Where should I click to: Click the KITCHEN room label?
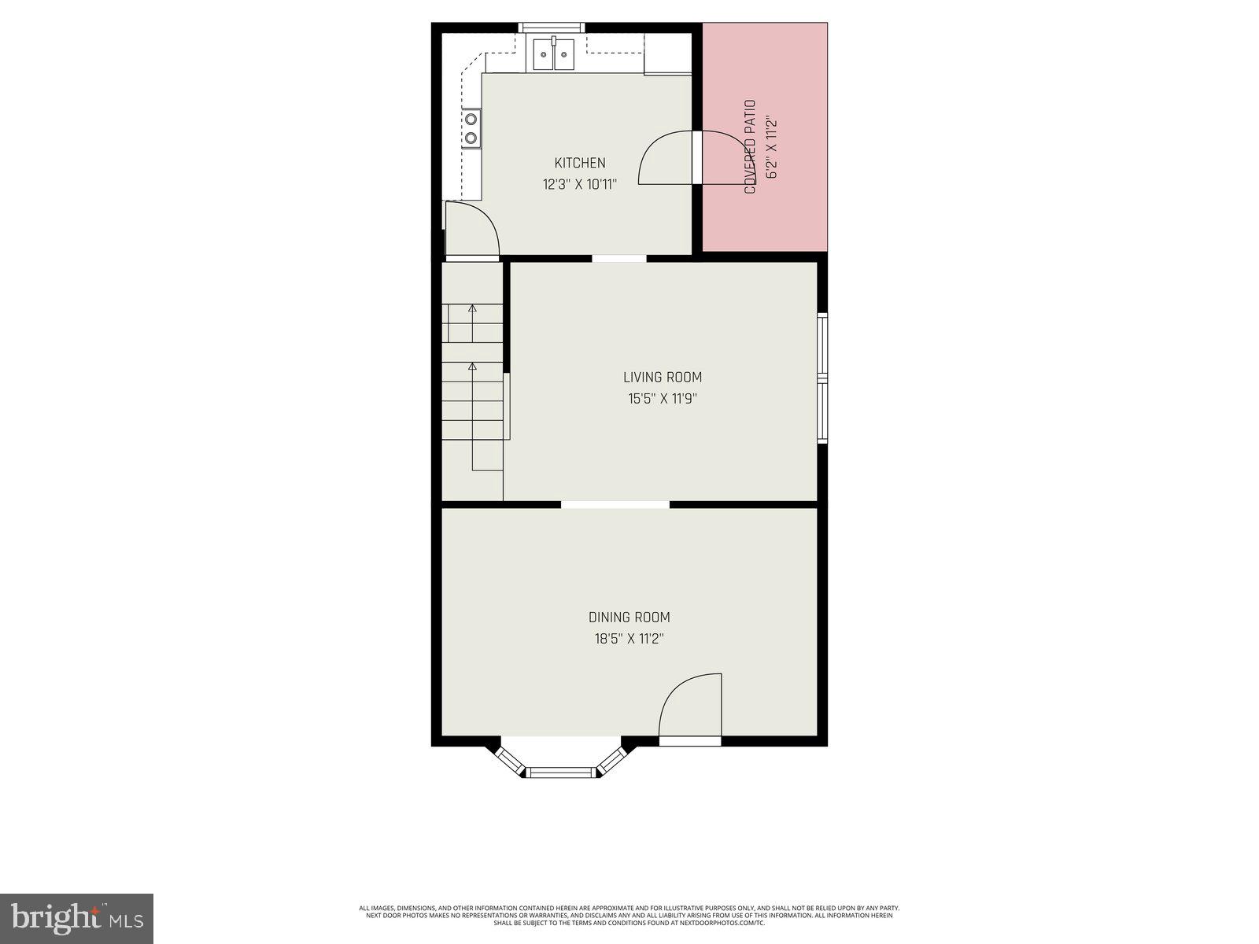[x=580, y=163]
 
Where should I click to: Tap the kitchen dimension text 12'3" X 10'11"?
[x=580, y=185]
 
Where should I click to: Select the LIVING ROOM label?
[x=663, y=378]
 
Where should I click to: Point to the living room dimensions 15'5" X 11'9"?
[x=663, y=399]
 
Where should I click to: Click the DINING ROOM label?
[x=629, y=618]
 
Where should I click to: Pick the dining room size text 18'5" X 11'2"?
[x=629, y=639]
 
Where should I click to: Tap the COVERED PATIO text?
[x=750, y=147]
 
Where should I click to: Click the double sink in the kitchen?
[x=555, y=55]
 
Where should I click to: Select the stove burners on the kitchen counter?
[x=471, y=128]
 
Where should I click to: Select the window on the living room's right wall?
[x=822, y=378]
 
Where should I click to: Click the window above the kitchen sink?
[x=549, y=28]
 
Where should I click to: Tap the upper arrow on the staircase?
[x=472, y=308]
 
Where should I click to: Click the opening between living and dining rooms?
[x=615, y=504]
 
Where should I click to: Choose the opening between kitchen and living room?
[x=619, y=258]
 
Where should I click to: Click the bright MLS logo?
[x=76, y=917]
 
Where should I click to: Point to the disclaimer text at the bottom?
[x=629, y=915]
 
